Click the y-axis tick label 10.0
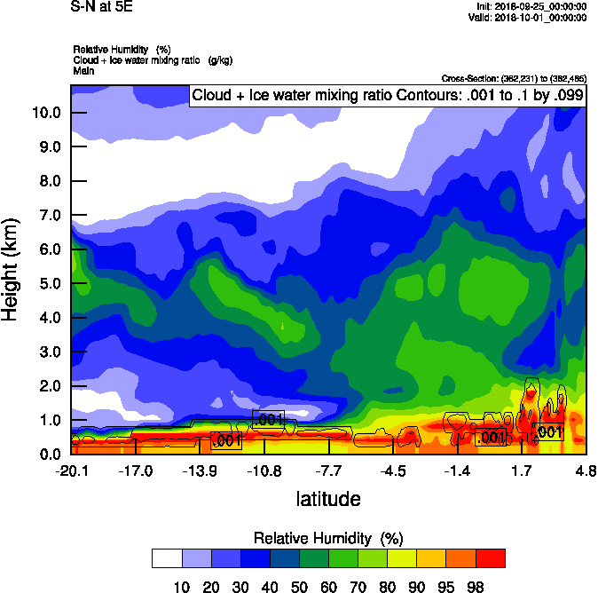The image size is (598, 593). pos(44,113)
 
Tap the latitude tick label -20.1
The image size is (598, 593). pos(71,470)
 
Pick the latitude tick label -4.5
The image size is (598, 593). pos(394,470)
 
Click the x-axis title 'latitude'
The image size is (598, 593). pos(328,499)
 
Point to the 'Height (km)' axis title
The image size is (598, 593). pos(12,270)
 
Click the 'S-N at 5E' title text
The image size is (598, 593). pos(99,7)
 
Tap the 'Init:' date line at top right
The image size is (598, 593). pos(532,6)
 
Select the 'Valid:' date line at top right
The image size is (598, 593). pos(531,17)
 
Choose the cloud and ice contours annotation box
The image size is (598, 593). pos(387,96)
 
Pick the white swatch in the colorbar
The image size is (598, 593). pos(166,557)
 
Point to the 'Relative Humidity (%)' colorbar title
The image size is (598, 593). pos(328,538)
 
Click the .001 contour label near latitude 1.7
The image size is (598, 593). pos(548,432)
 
